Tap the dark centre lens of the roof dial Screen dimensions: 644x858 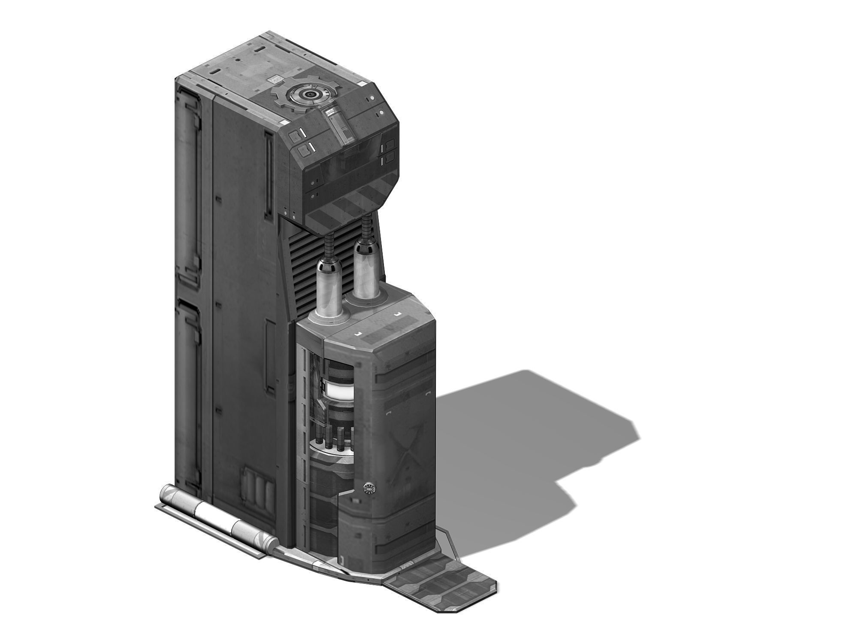coord(307,95)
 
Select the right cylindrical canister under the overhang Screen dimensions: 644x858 coord(366,268)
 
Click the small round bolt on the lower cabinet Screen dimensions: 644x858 coord(368,488)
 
